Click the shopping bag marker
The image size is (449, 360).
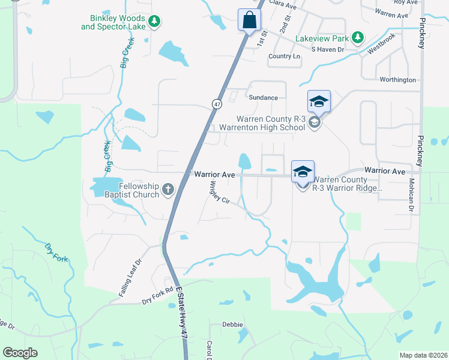249,20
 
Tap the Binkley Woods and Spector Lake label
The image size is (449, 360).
113,23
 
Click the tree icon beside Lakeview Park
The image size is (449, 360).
358,38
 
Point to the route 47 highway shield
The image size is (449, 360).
216,104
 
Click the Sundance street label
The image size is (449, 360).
264,97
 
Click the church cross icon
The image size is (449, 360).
168,191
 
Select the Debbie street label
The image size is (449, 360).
232,325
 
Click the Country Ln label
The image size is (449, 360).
284,56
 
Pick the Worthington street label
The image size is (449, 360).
397,80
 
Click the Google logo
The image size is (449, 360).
20,352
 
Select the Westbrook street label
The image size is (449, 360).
382,49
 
